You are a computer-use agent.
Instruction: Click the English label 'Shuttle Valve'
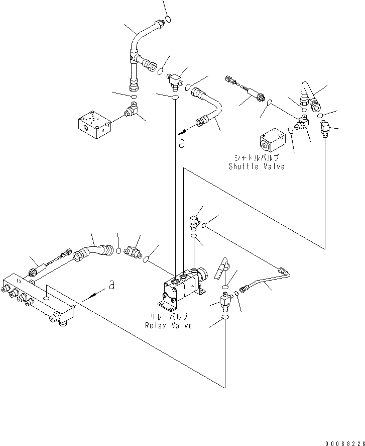[257, 166]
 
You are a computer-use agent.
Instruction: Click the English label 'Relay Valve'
[169, 325]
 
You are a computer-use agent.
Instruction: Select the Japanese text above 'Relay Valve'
[170, 317]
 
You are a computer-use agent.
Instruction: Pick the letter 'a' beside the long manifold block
[111, 285]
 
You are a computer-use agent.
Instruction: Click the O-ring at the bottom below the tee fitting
[225, 320]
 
